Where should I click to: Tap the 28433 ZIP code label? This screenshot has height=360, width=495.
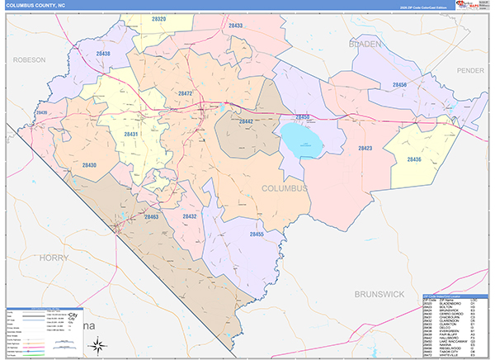236,26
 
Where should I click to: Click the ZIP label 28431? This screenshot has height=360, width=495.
131,134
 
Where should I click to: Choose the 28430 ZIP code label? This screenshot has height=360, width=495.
89,165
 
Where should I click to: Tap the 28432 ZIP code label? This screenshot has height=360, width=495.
190,216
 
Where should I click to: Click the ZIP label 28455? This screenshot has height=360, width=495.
257,234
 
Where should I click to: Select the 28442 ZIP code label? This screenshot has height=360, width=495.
246,121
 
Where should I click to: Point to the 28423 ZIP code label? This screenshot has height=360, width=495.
365,148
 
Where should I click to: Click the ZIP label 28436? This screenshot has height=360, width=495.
414,159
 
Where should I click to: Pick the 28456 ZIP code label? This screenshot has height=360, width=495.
399,85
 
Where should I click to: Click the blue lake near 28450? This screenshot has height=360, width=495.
303,141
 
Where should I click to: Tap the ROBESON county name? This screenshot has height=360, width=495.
29,60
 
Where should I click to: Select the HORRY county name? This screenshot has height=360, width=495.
56,258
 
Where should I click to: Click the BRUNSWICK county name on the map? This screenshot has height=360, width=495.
381,293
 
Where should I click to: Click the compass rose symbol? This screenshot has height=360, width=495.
95,343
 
